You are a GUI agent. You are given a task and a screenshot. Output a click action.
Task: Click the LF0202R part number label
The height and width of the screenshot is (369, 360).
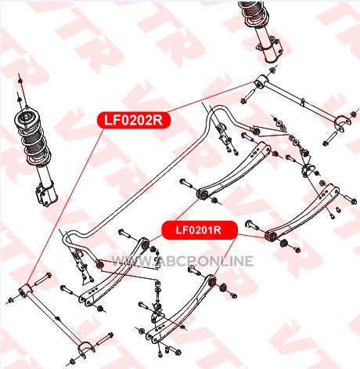click(x=134, y=121)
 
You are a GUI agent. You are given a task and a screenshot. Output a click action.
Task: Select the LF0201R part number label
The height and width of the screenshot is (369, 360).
click(x=200, y=230)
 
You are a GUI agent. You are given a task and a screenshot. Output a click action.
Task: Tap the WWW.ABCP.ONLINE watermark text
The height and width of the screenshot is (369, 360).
click(x=182, y=261)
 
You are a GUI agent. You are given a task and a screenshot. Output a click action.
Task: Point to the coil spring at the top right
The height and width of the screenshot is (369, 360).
click(x=254, y=13)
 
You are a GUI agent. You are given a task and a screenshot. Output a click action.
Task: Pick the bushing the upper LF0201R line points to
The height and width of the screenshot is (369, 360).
click(x=203, y=194)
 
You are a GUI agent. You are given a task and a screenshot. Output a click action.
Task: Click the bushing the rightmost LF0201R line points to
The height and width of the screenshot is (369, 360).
click(x=271, y=235)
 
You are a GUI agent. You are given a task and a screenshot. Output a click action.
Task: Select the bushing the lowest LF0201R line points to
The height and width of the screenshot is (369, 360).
click(x=213, y=280)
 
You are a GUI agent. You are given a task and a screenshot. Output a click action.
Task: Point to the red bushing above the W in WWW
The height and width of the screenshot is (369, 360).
click(x=100, y=264)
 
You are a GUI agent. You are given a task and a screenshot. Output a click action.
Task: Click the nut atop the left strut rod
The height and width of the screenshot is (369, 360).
click(x=20, y=81)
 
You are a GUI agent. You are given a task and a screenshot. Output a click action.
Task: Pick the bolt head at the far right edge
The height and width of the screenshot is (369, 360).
click(x=354, y=201)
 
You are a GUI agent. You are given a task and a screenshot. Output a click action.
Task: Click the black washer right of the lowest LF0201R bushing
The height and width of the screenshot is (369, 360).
click(x=223, y=288)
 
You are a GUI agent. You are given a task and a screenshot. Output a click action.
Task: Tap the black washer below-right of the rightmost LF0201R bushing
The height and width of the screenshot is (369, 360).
click(x=283, y=244)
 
